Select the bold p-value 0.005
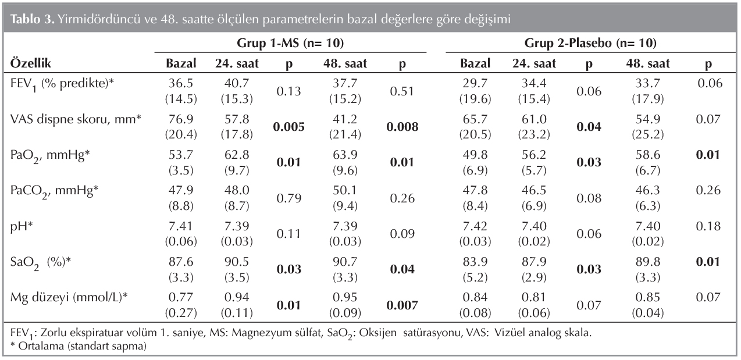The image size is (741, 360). [289, 127]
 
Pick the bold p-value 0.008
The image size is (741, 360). [402, 127]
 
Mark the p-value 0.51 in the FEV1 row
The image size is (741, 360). [402, 90]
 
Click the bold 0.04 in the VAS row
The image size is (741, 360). [589, 127]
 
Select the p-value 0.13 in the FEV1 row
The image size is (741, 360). [289, 90]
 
